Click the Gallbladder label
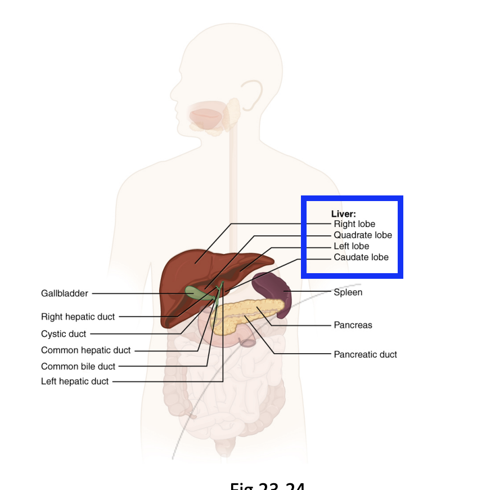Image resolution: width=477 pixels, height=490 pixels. tap(65, 293)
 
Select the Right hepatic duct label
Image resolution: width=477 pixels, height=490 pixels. tap(78, 317)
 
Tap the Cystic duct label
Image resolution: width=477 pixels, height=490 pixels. tap(64, 334)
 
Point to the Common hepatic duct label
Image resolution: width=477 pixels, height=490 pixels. tap(85, 350)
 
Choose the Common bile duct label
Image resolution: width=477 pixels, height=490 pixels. tap(78, 367)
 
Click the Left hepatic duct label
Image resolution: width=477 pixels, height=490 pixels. tap(75, 381)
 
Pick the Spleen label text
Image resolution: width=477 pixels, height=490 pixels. tap(348, 292)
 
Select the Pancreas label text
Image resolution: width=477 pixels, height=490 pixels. tap(353, 325)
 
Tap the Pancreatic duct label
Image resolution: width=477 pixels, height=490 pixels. tap(365, 354)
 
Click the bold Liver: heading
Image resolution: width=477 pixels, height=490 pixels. tap(343, 214)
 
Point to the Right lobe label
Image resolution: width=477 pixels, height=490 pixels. tap(354, 224)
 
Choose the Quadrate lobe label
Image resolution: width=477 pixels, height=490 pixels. tap(363, 235)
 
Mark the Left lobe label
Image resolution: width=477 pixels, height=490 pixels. tap(352, 246)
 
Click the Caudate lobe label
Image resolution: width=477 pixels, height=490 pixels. tap(361, 257)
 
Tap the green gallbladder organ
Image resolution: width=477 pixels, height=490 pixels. tap(194, 292)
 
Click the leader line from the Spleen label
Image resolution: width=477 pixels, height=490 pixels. tap(309, 291)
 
